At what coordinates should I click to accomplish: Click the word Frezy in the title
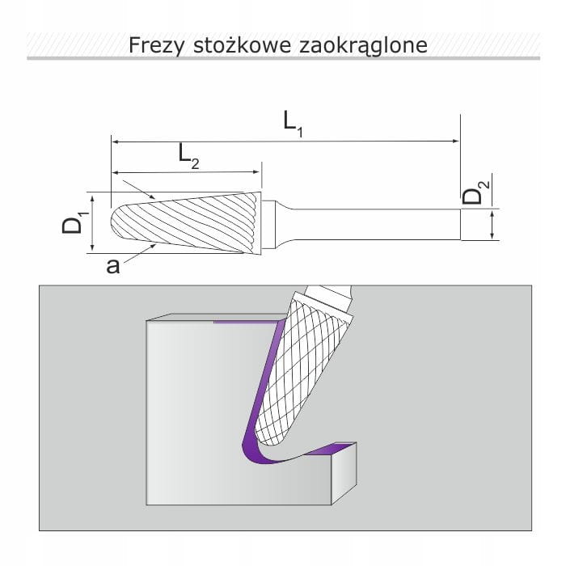157,46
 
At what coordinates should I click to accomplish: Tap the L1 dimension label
293,124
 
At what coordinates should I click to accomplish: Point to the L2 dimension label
188,156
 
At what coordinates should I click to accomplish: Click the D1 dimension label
74,222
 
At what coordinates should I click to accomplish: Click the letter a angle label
112,266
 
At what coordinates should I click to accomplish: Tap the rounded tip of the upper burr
112,222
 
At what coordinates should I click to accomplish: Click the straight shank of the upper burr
375,224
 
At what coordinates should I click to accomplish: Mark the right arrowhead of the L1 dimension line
457,141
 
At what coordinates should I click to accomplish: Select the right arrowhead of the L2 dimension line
256,171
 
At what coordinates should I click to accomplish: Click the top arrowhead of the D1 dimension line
93,199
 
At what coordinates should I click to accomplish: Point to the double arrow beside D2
492,225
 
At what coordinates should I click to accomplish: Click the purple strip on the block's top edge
246,321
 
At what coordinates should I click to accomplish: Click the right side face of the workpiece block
344,473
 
